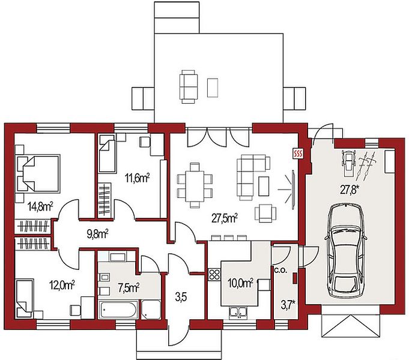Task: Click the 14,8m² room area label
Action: [x=41, y=207]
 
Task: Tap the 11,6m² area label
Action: [x=137, y=178]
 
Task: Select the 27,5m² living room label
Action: [x=225, y=218]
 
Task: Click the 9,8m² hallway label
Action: [x=97, y=234]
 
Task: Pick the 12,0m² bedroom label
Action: [x=62, y=285]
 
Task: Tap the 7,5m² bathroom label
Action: [x=129, y=288]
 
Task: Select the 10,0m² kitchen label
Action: [x=240, y=283]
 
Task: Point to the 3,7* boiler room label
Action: [x=288, y=304]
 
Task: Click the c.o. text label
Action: [x=280, y=271]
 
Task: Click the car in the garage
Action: [x=346, y=251]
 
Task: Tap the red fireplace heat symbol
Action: [x=298, y=154]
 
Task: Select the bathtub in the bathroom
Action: [x=118, y=310]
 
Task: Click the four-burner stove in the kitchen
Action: [x=214, y=274]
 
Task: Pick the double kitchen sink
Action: [x=238, y=313]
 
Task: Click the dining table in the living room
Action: [x=195, y=186]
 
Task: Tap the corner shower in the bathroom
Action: [x=151, y=310]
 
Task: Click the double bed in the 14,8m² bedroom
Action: [x=38, y=173]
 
